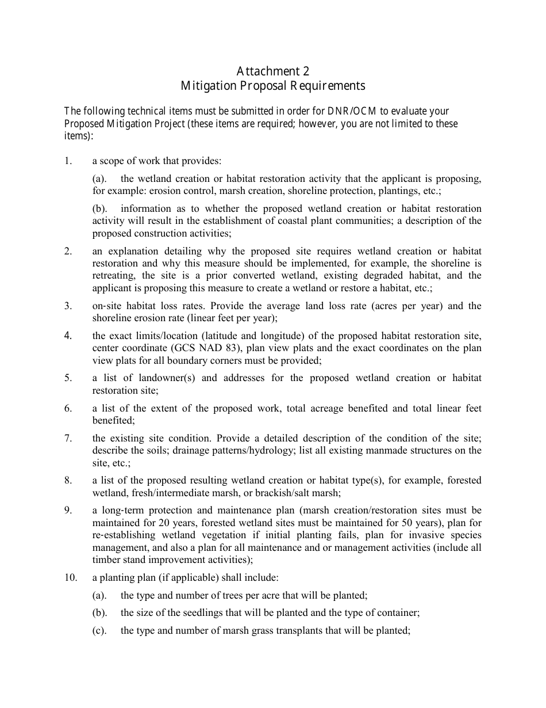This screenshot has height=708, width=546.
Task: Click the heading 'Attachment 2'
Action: (x=273, y=71)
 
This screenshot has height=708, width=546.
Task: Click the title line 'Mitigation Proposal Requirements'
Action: (x=273, y=86)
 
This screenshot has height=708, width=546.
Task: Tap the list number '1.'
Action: (x=68, y=161)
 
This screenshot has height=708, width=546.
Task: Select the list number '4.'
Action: (x=68, y=335)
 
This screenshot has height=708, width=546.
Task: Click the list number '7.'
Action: (x=68, y=438)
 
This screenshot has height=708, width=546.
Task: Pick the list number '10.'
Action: (x=70, y=578)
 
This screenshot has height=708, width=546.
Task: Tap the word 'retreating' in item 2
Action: (x=113, y=275)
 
